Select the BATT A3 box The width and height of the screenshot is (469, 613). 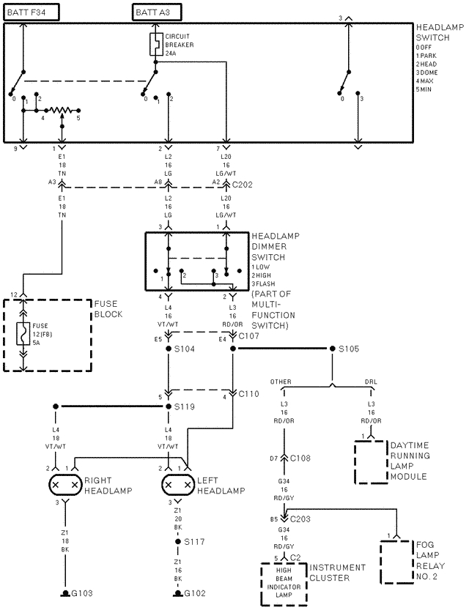pos(156,11)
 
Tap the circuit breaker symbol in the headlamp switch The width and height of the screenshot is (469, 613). pos(156,44)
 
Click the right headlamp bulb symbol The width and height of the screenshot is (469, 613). pos(64,485)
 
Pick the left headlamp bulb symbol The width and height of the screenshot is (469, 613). pos(177,485)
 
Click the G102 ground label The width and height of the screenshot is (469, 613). pos(195,592)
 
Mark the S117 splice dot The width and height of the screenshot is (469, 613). pos(177,543)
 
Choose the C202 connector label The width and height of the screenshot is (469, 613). pos(242,185)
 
